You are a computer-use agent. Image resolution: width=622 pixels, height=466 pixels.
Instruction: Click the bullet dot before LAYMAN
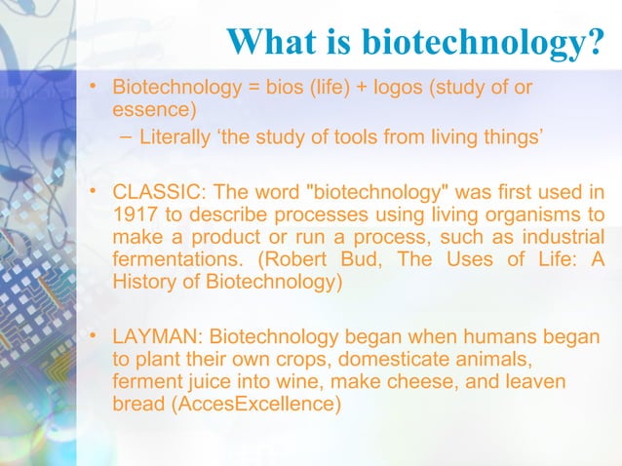[95, 336]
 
